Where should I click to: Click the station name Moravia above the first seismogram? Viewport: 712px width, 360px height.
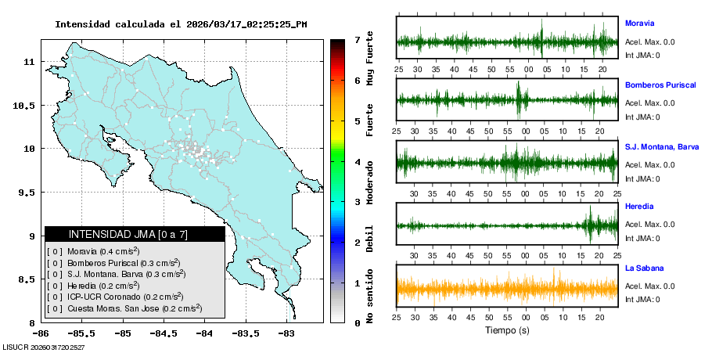pyautogui.click(x=639, y=23)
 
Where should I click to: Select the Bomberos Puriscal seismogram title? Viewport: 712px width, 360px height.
pyautogui.click(x=660, y=85)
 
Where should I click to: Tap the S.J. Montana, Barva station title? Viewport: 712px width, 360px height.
pyautogui.click(x=661, y=146)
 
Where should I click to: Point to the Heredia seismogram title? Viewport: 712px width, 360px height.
pyautogui.click(x=639, y=207)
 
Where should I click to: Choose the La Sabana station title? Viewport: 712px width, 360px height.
pyautogui.click(x=644, y=268)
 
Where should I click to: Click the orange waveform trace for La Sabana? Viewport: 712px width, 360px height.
pyautogui.click(x=507, y=289)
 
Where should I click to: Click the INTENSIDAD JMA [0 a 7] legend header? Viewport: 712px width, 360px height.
pyautogui.click(x=135, y=234)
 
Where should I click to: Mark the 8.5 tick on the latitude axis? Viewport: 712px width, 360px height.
pyautogui.click(x=27, y=279)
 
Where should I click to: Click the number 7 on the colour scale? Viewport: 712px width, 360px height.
pyautogui.click(x=357, y=39)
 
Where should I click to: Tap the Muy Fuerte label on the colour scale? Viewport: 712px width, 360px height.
pyautogui.click(x=369, y=61)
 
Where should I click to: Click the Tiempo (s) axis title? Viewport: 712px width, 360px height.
pyautogui.click(x=507, y=330)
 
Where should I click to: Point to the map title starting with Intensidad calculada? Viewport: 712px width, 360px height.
pyautogui.click(x=181, y=24)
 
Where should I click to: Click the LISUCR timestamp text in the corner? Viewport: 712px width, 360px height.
pyautogui.click(x=44, y=346)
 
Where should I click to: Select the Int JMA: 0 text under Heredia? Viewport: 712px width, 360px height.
pyautogui.click(x=642, y=239)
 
